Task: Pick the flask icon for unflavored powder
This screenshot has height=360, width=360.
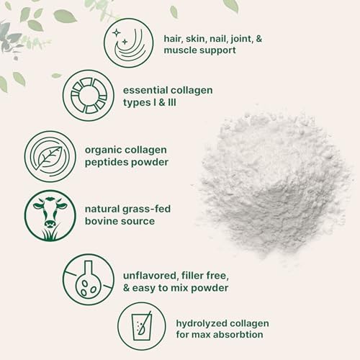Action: tap(88, 279)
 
